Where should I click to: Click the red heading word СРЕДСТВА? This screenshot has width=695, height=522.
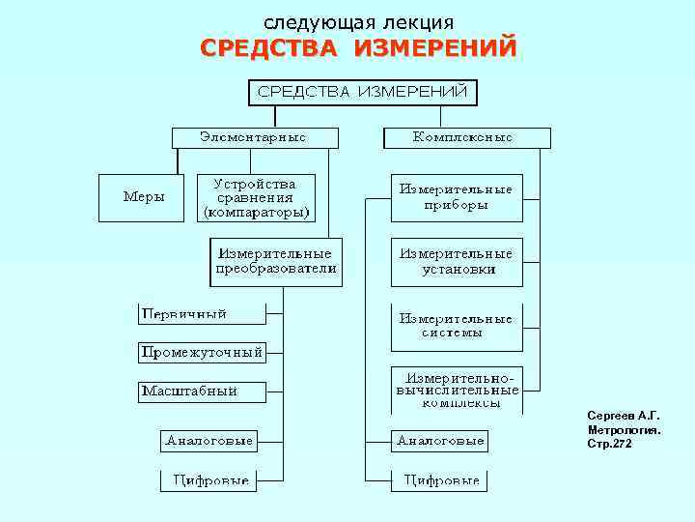click(x=269, y=49)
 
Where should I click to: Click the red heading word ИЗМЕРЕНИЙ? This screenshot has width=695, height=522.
click(x=434, y=49)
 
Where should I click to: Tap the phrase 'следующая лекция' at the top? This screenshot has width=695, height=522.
click(x=359, y=21)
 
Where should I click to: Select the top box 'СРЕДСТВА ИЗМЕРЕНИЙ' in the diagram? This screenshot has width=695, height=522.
click(x=361, y=92)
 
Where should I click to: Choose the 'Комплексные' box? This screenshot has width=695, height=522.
click(x=463, y=137)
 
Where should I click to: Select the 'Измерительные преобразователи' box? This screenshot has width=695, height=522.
click(x=276, y=262)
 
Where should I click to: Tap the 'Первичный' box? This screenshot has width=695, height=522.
click(x=199, y=313)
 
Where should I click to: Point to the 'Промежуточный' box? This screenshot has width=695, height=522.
click(x=201, y=353)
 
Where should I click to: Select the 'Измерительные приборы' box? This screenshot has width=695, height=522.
click(x=456, y=197)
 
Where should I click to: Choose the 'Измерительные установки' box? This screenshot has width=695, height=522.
click(x=457, y=262)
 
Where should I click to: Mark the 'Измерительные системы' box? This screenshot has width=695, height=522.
click(x=456, y=326)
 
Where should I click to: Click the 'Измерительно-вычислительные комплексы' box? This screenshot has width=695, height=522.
click(x=456, y=390)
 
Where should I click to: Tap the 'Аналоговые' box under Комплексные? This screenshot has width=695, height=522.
click(x=439, y=441)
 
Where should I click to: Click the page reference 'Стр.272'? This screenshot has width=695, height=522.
click(x=610, y=444)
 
